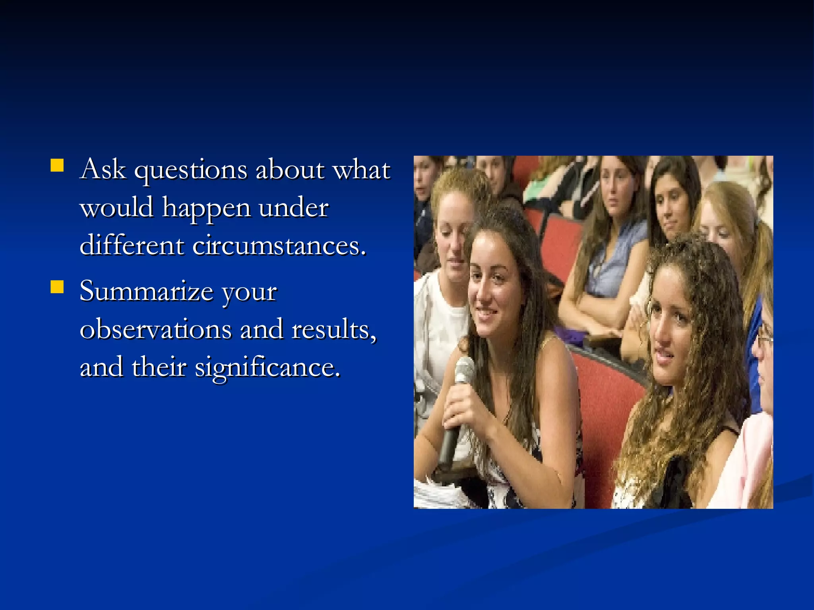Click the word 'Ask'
[x=103, y=169]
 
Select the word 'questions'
[x=191, y=171]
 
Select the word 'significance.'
[x=267, y=367]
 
